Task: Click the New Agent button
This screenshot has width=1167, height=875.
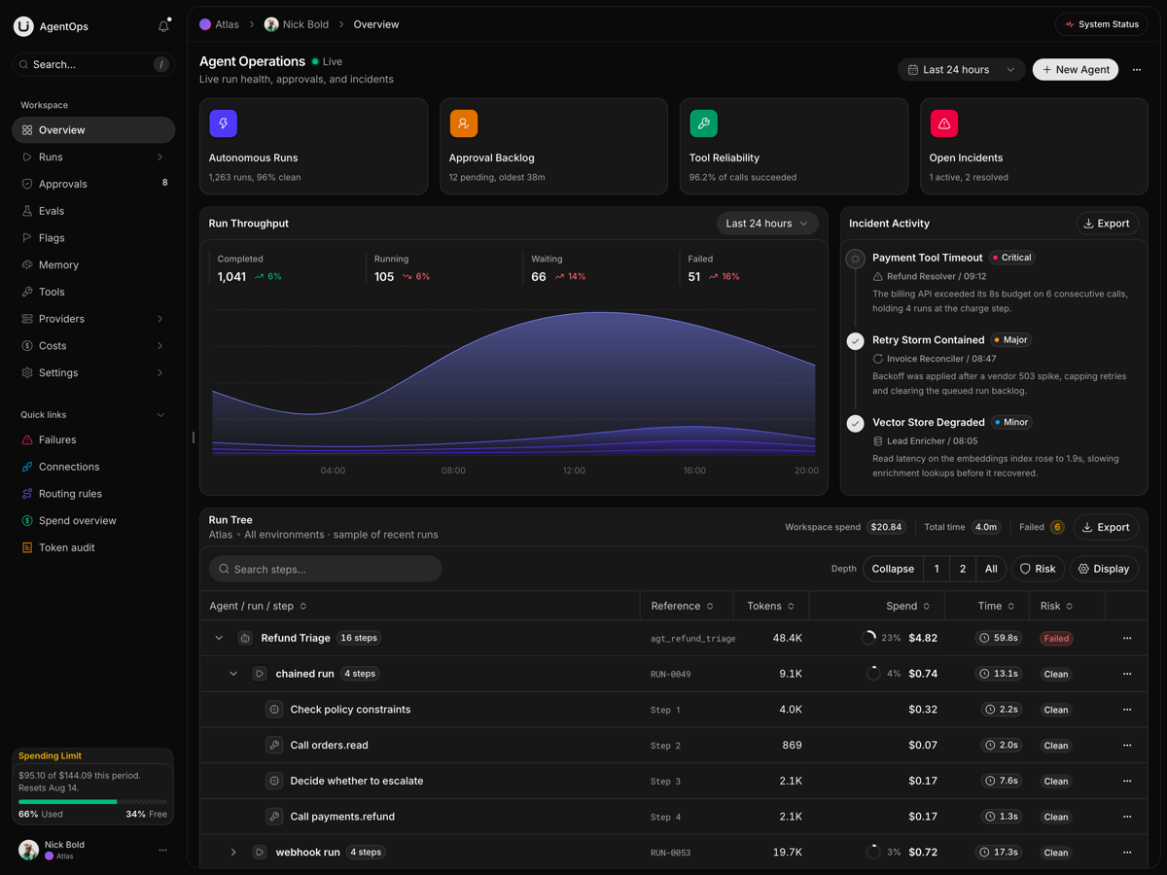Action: tap(1075, 70)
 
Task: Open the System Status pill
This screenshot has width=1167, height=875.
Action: tap(1101, 24)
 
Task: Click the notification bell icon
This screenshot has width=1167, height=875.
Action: tap(163, 26)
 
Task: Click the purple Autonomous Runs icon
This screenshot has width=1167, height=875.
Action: tap(224, 123)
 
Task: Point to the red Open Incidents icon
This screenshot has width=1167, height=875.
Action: tap(943, 123)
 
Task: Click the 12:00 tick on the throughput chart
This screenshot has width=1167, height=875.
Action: tap(574, 471)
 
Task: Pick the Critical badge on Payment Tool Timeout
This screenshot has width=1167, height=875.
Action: tap(1011, 258)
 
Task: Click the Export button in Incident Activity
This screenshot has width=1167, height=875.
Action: tap(1107, 224)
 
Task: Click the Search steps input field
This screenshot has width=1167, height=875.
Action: tap(325, 569)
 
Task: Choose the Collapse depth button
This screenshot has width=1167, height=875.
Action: tap(893, 569)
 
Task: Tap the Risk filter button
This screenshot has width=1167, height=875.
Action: tap(1038, 569)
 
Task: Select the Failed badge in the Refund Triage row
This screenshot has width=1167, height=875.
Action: tap(1056, 638)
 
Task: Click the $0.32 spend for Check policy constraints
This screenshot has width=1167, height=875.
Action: tap(923, 710)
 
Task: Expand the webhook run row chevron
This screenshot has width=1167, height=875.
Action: tap(232, 853)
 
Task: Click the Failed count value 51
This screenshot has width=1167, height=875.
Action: tap(693, 277)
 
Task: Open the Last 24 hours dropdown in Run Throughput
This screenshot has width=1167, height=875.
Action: tap(767, 224)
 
